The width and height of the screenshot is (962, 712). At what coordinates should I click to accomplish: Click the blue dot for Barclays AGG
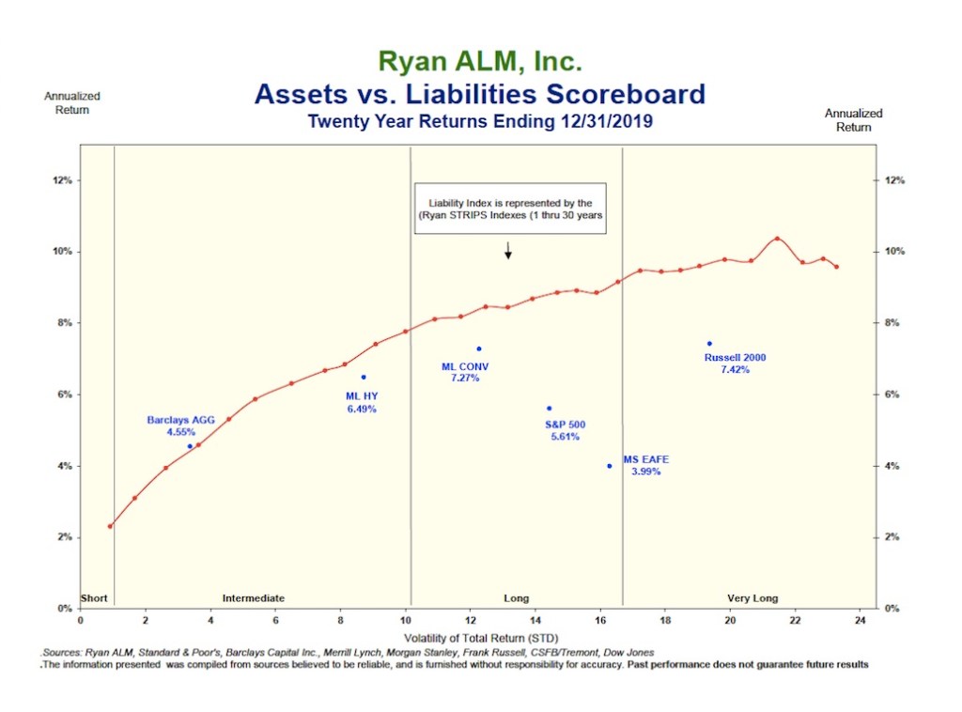190,446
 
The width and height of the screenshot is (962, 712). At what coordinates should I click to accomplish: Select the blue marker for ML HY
364,378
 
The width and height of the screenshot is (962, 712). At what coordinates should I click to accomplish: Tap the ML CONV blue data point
478,349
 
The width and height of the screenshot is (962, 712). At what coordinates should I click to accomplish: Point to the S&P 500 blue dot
549,409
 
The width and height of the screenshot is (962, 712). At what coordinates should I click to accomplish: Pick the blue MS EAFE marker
610,466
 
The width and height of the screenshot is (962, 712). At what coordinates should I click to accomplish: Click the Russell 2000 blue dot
709,344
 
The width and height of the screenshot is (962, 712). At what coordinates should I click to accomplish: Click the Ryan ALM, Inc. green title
480,63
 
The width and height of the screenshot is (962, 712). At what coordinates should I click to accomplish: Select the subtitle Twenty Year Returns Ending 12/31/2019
480,122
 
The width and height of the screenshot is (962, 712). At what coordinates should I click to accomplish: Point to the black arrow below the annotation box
508,251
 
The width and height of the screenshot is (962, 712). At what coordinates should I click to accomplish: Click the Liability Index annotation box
510,209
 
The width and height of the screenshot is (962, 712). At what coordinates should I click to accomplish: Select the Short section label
95,597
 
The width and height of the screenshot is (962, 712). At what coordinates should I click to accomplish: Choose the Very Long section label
753,597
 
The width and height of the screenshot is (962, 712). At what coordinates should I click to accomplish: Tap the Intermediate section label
253,597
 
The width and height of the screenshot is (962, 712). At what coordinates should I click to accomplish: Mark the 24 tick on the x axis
860,620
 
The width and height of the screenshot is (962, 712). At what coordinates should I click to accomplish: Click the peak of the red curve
777,239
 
